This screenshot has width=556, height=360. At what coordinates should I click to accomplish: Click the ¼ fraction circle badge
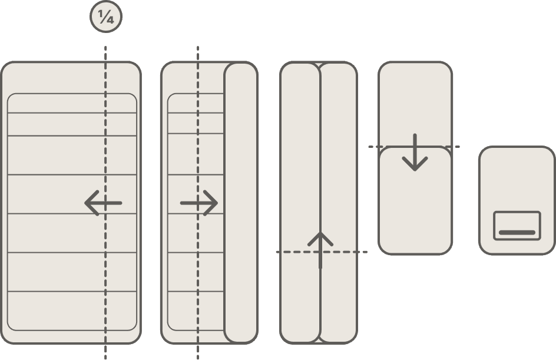106,16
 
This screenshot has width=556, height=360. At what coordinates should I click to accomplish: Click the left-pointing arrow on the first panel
103,203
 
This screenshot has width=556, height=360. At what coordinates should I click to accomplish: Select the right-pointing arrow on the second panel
199,203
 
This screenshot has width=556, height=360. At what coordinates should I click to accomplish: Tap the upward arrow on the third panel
320,250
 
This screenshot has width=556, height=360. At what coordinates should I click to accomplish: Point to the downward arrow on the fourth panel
415,153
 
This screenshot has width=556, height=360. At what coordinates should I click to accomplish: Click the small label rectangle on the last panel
517,226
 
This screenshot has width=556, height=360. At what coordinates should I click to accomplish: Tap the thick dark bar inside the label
517,233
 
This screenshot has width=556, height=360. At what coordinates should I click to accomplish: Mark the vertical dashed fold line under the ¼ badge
105,202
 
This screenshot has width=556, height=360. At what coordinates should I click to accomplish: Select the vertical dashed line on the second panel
198,202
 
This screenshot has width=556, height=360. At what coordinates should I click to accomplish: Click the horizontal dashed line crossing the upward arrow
322,252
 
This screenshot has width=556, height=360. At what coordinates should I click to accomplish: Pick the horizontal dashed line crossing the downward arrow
414,147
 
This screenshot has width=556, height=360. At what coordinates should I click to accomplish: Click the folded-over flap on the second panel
241,203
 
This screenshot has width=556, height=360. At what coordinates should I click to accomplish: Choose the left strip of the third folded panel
300,203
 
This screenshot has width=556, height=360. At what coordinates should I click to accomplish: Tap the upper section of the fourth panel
415,104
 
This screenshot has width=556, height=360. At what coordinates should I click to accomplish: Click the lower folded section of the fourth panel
415,200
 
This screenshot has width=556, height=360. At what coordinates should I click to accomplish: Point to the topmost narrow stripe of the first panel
72,103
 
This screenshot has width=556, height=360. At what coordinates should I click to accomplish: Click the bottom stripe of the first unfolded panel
72,311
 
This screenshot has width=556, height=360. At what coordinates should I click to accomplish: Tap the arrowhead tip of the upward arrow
320,232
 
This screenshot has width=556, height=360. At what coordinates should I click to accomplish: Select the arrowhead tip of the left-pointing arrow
85,203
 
